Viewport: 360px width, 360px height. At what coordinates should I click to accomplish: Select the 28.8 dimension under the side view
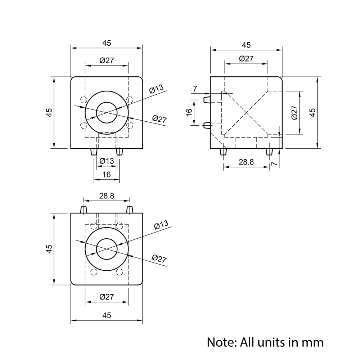[x=246, y=162]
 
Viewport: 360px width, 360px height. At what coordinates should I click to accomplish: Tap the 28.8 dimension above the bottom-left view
[x=107, y=196]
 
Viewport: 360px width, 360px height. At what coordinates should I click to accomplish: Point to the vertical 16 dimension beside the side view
[x=189, y=112]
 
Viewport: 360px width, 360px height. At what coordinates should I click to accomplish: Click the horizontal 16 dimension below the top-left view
[x=107, y=175]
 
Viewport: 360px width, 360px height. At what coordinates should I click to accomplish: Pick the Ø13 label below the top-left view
[x=107, y=161]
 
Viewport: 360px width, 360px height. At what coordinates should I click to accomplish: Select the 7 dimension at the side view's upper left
[x=195, y=89]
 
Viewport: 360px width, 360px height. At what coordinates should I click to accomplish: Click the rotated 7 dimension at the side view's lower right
[x=274, y=163]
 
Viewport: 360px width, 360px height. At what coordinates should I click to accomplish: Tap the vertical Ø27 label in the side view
[x=294, y=112]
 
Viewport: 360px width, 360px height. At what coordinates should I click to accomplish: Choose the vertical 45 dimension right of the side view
[x=312, y=112]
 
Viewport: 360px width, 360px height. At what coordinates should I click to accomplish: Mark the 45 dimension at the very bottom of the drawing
[x=107, y=315]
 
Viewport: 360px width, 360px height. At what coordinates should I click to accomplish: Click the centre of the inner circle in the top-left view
[x=107, y=112]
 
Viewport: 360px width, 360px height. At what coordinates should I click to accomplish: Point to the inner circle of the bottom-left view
[x=107, y=249]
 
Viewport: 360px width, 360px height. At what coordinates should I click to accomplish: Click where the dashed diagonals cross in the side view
[x=246, y=113]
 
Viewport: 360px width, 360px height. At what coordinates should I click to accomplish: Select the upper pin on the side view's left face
[x=207, y=99]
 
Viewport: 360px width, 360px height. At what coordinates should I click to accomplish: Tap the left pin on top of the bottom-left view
[x=84, y=210]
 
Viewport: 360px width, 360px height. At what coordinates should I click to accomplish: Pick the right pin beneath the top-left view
[x=120, y=152]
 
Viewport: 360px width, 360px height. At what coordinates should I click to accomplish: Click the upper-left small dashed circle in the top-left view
[x=84, y=100]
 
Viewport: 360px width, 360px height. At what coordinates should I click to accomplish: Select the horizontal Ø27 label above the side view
[x=246, y=58]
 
